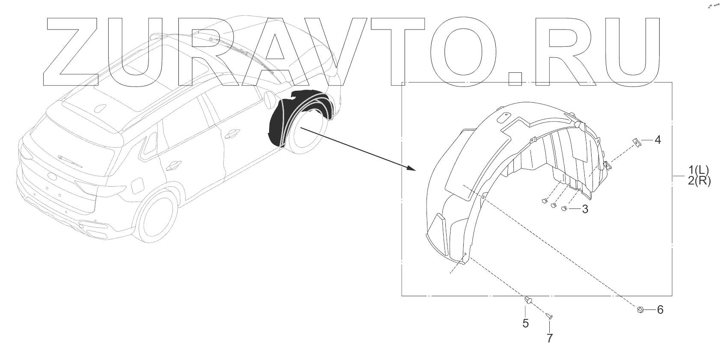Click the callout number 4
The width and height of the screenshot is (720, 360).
(x=658, y=140)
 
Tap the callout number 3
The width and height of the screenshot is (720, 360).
(x=584, y=209)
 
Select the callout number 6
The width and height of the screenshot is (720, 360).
(x=660, y=309)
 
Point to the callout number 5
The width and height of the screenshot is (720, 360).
(x=525, y=323)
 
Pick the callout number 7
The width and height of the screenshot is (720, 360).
(x=549, y=338)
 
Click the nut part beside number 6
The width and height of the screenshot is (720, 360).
(x=640, y=309)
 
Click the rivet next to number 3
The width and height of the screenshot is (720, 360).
(x=564, y=208)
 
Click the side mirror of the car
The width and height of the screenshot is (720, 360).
(x=270, y=99)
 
